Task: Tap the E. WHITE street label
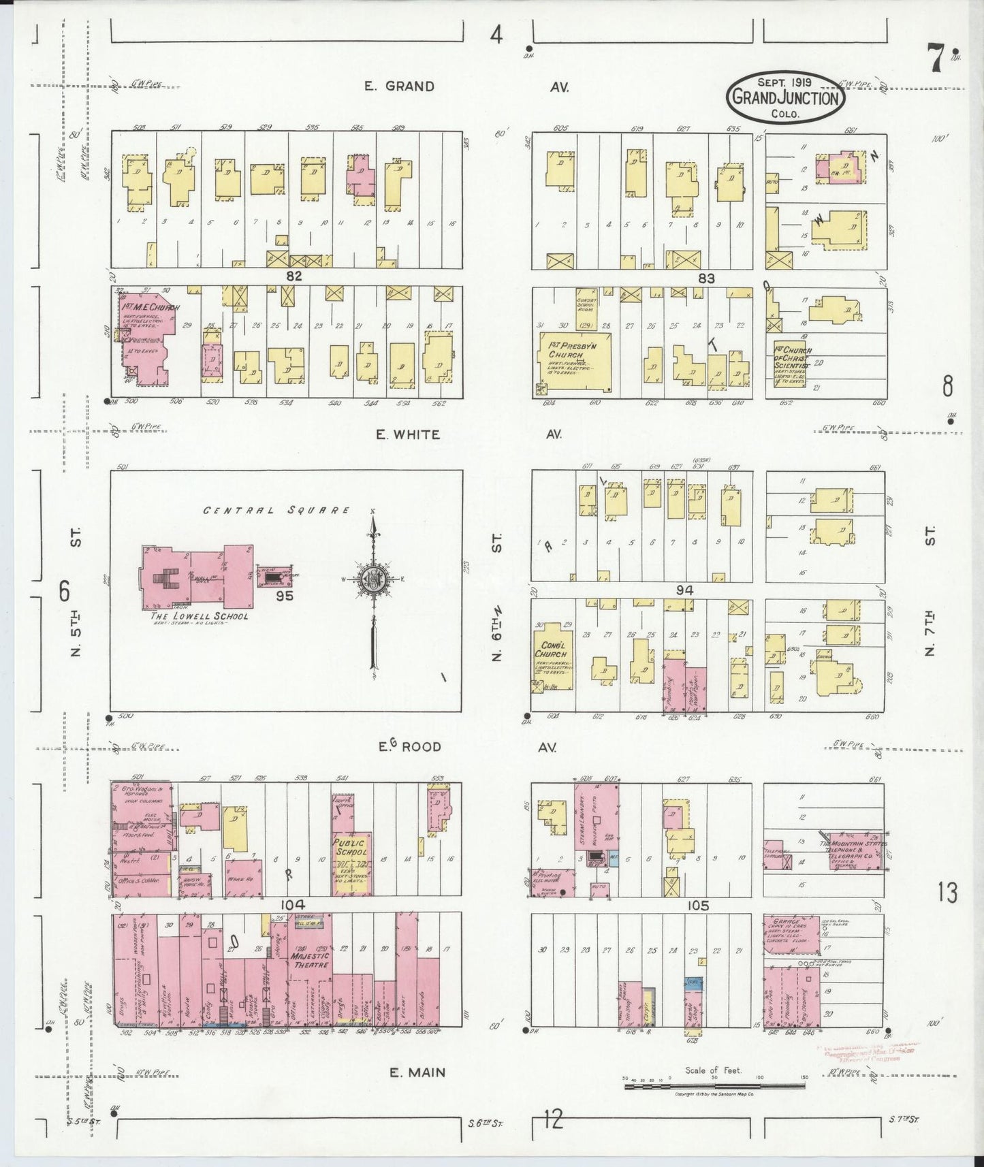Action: (408, 434)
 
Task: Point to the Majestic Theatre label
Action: (309, 960)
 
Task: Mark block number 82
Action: (293, 276)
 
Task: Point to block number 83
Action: (706, 277)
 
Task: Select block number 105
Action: (698, 906)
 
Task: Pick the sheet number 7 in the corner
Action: (936, 58)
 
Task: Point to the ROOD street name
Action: (420, 747)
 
